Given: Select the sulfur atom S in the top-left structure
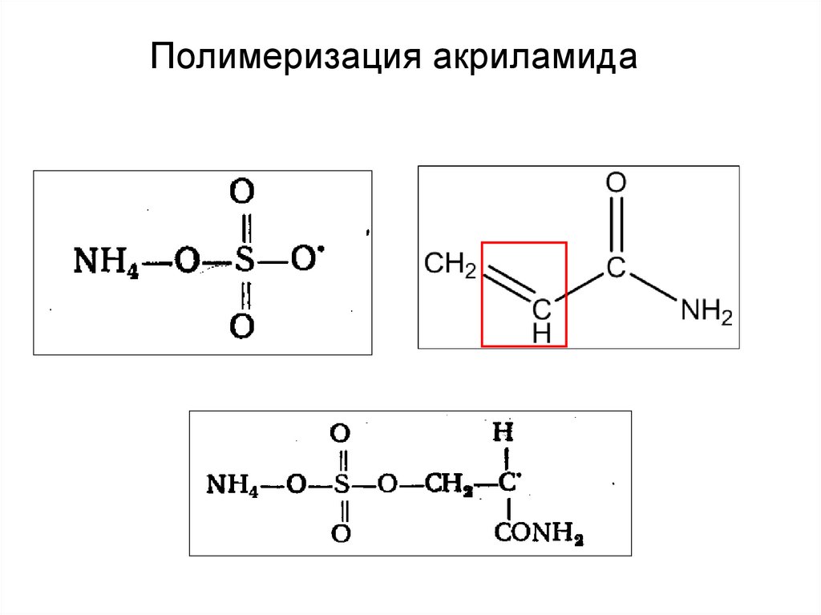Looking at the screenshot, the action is coord(245,262).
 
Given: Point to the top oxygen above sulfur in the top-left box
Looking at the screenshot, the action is coord(243,194).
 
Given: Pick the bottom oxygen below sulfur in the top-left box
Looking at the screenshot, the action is coord(243,326).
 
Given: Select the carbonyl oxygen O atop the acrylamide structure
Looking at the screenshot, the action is coord(615,184).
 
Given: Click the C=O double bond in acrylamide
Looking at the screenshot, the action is coord(615,226).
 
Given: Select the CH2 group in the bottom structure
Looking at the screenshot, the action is coord(446,484).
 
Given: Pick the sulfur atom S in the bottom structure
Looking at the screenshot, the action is coord(342,484).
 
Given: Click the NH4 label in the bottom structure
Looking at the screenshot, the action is coord(233,484).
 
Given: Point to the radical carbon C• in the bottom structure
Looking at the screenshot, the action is coord(505,484).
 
